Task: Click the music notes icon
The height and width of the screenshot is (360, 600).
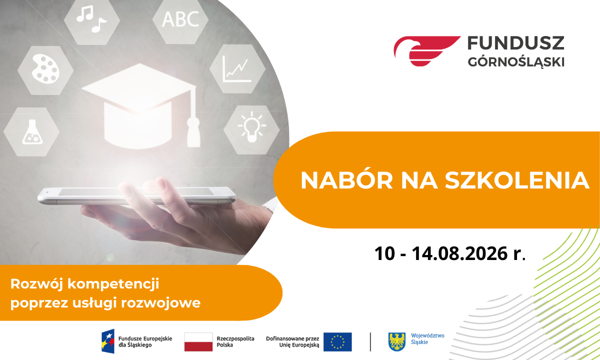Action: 91,19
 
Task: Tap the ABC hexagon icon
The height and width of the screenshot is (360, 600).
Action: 180,19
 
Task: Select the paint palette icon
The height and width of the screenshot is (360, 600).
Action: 45,69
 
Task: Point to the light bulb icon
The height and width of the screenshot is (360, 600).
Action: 251,126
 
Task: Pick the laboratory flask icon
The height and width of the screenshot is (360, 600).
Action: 32,132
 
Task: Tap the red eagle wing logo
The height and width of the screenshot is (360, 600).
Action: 426,50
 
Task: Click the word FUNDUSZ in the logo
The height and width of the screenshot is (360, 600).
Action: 516,43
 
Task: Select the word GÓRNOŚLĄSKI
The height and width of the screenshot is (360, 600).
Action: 516,61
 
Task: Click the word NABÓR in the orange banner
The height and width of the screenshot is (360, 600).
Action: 346,180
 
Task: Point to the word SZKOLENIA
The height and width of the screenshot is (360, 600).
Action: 517,180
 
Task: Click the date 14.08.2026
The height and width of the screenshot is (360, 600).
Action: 459,253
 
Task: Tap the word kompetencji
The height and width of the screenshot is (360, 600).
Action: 113,284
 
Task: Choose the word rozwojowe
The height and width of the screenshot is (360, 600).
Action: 160,303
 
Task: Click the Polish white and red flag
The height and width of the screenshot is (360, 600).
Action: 198,342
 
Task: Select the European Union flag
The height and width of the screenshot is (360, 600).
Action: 337,342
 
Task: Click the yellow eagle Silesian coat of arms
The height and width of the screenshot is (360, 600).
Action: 397,342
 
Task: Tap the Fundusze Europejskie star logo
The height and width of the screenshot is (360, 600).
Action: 108,341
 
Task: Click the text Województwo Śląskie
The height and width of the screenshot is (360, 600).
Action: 427,339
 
